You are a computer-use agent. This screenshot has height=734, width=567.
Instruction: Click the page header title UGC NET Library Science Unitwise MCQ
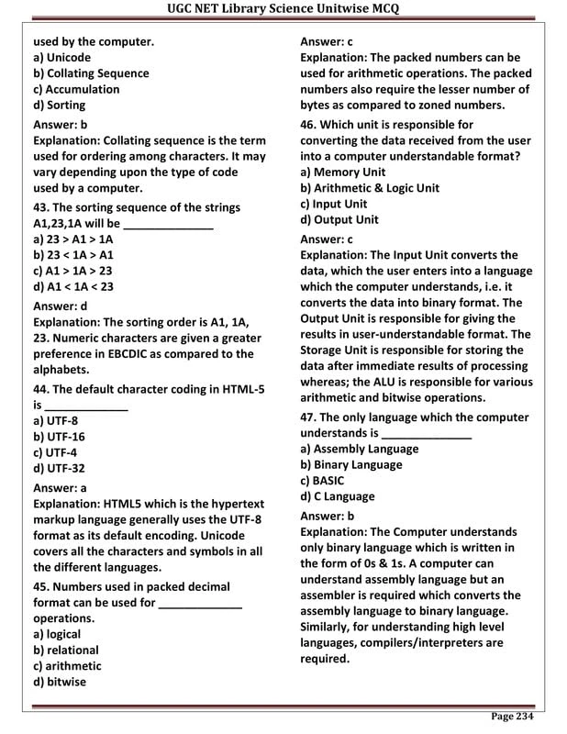(x=283, y=10)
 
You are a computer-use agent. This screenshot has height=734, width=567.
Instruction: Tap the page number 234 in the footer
(x=512, y=717)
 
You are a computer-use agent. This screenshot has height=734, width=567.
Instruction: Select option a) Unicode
(x=61, y=57)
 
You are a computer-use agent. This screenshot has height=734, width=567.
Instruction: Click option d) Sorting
(x=59, y=106)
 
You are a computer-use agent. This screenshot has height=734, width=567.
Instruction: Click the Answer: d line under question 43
(x=61, y=306)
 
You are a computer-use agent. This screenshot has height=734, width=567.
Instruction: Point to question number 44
(x=42, y=389)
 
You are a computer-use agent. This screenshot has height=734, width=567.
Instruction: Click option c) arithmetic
(x=67, y=666)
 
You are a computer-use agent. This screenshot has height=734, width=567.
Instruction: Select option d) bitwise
(x=60, y=682)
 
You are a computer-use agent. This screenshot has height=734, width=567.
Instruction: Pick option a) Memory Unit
(x=343, y=172)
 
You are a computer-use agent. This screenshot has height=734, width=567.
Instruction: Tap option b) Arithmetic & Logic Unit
(x=370, y=188)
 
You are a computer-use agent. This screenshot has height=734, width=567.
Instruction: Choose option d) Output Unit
(x=339, y=219)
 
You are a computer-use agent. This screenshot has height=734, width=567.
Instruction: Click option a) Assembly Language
(x=359, y=449)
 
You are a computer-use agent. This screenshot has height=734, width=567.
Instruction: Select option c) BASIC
(x=322, y=480)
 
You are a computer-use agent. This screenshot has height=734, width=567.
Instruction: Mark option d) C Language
(x=337, y=496)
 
